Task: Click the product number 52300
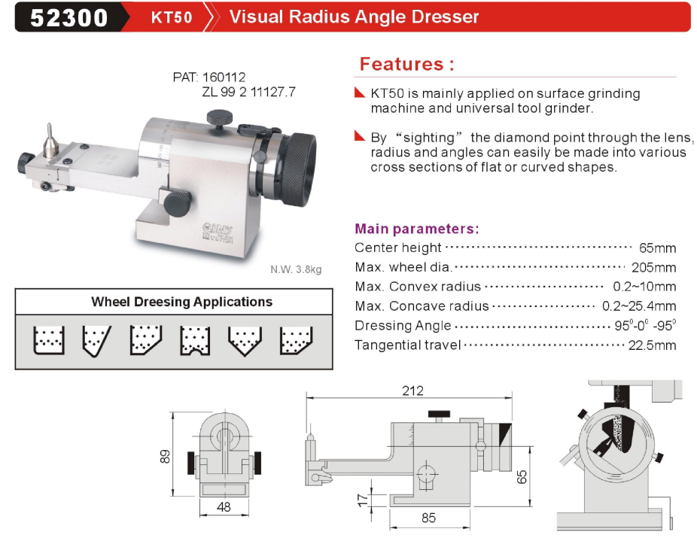pyautogui.click(x=69, y=17)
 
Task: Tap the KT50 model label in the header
pyautogui.click(x=172, y=17)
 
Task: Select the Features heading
pyautogui.click(x=406, y=64)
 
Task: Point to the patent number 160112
pyautogui.click(x=224, y=77)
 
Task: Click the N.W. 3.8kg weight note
pyautogui.click(x=296, y=269)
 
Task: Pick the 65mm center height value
pyautogui.click(x=657, y=248)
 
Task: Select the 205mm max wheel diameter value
pyautogui.click(x=653, y=268)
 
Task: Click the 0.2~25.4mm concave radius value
pyautogui.click(x=639, y=306)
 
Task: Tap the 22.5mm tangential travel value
pyautogui.click(x=652, y=345)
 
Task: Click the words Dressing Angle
pyautogui.click(x=403, y=326)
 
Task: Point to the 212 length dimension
pyautogui.click(x=412, y=391)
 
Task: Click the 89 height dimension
pyautogui.click(x=165, y=457)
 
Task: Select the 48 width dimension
pyautogui.click(x=224, y=506)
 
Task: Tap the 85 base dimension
pyautogui.click(x=428, y=518)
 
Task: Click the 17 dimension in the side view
pyautogui.click(x=363, y=500)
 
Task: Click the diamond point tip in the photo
pyautogui.click(x=50, y=124)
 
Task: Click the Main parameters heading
pyautogui.click(x=417, y=229)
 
